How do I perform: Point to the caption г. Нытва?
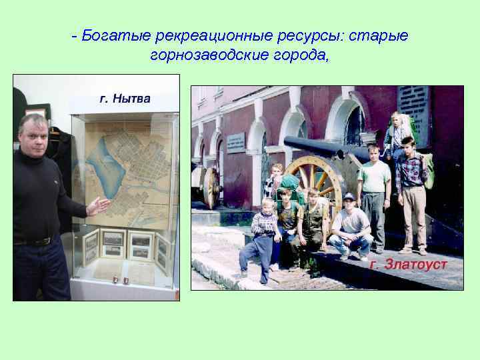tap(125, 99)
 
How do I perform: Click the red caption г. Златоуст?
tap(408, 265)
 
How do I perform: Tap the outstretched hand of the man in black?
tap(99, 205)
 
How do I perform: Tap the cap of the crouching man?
tap(349, 197)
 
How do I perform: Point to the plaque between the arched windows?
tap(235, 143)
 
